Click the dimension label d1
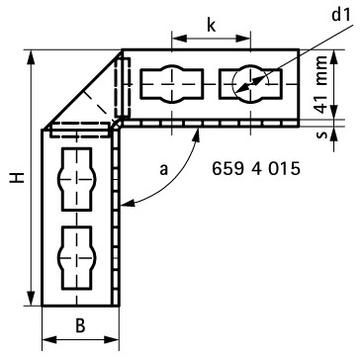point(341,15)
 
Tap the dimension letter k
point(212,25)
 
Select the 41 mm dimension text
point(320,85)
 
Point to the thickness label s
point(323,135)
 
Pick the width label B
point(80,325)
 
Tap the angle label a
point(164,170)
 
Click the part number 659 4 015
point(256,169)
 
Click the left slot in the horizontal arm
point(171,84)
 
